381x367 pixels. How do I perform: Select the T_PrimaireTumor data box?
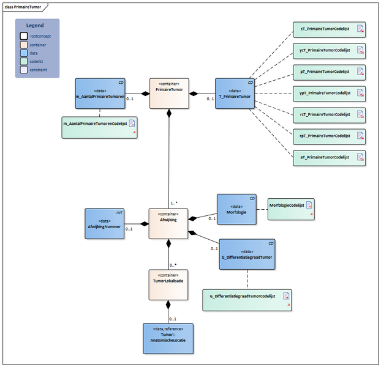(x=235, y=94)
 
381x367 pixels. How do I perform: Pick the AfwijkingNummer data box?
(x=104, y=224)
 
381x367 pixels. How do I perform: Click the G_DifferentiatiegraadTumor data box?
(x=247, y=254)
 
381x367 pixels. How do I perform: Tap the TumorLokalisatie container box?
(x=168, y=284)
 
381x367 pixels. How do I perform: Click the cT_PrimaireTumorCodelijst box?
(x=330, y=29)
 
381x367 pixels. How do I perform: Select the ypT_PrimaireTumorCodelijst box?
(x=330, y=93)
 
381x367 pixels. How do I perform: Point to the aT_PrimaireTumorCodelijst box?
(x=330, y=157)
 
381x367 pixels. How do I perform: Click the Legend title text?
(x=36, y=26)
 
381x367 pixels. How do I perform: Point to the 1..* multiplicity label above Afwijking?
(x=173, y=203)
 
